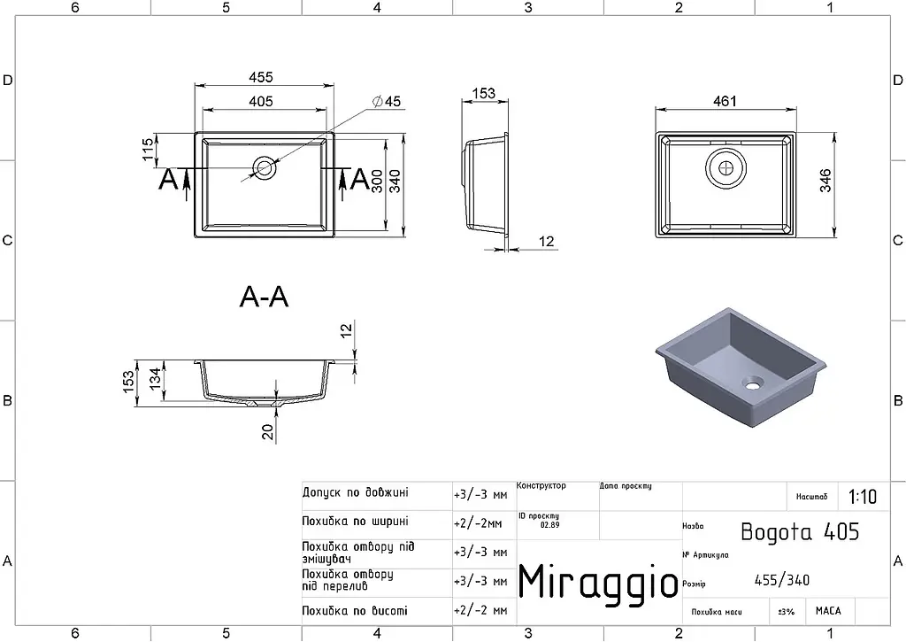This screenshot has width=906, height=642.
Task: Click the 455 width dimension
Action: point(261,77)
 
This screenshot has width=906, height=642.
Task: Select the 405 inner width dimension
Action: point(261,101)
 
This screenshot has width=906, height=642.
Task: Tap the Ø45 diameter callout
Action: point(387,102)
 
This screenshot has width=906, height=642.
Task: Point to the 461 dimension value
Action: point(726,101)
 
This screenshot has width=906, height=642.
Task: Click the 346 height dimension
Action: point(825,181)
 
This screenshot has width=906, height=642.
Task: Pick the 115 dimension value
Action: point(148,150)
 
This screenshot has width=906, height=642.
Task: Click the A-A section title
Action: point(264,298)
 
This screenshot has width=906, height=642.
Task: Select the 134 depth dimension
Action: point(156,379)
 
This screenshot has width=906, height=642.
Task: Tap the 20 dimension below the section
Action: point(268,432)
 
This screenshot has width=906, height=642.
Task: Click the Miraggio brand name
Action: point(598,580)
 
